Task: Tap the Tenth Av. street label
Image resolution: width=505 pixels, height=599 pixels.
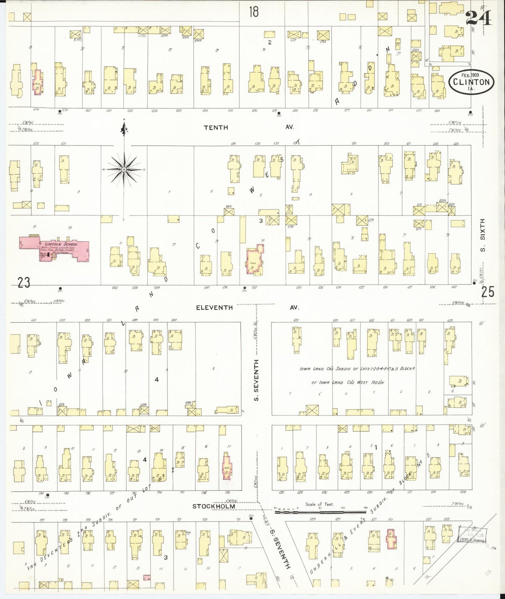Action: point(216,128)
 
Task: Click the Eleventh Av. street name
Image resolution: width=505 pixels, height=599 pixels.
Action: point(214,308)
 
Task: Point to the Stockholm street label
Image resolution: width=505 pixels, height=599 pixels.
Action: point(213,506)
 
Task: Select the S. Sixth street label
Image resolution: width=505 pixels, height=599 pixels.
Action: point(483,235)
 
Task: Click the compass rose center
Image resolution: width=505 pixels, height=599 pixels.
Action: point(123,169)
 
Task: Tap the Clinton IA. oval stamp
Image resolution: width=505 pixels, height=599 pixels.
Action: point(471,82)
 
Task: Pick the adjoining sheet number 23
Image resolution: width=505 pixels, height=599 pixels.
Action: point(24,282)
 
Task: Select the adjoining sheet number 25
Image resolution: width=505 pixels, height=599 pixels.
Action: point(488,291)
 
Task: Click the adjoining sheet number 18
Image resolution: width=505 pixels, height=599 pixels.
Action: point(254,12)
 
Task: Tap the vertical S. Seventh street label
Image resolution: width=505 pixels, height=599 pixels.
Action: point(257,380)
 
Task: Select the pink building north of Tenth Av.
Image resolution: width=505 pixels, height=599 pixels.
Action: point(37,81)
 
